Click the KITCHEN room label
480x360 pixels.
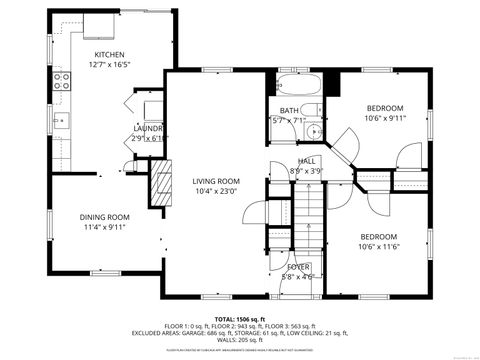tap(109, 54)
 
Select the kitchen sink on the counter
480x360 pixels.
tap(59, 122)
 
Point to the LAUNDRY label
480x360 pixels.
tap(149, 129)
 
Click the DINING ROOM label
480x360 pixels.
tap(105, 216)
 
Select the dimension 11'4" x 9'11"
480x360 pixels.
tap(105, 226)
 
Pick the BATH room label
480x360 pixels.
tap(290, 111)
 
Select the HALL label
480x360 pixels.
tap(307, 161)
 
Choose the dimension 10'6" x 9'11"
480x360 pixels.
tap(385, 118)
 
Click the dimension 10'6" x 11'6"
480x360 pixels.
tap(380, 246)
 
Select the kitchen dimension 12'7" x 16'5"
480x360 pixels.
tap(109, 64)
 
